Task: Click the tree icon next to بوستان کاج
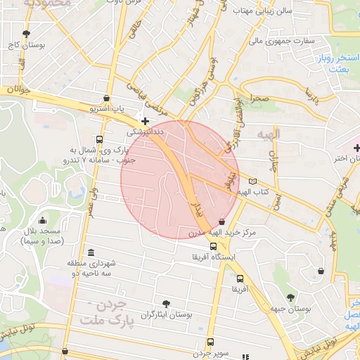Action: click(x=27, y=33)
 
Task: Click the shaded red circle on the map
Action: click(x=180, y=179)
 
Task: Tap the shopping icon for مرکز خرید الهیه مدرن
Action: click(x=223, y=220)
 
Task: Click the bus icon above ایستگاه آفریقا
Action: click(x=213, y=245)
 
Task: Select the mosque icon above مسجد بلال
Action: click(x=43, y=220)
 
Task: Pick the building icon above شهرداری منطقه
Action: click(x=91, y=252)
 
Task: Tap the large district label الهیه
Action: click(x=269, y=134)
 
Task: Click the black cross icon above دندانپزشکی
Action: click(x=145, y=121)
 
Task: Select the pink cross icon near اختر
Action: click(x=356, y=147)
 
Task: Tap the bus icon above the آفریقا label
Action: click(x=240, y=278)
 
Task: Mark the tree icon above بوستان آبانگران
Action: click(x=165, y=304)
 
